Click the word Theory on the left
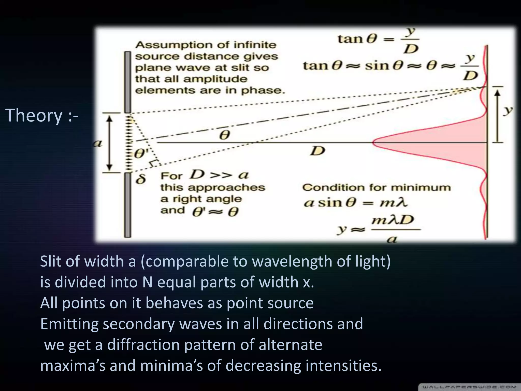(x=34, y=115)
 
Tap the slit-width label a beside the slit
(x=97, y=144)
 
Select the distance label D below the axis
(x=318, y=151)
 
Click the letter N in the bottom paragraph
(x=147, y=282)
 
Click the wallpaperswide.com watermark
(x=469, y=387)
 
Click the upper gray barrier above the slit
(x=128, y=81)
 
